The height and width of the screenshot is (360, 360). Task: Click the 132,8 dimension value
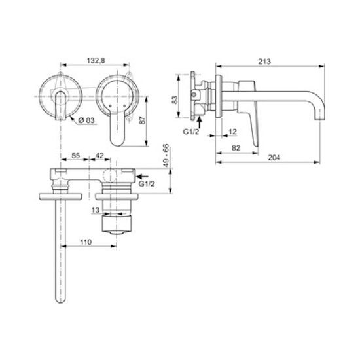[x=96, y=60]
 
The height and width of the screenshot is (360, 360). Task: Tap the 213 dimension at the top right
[x=264, y=62]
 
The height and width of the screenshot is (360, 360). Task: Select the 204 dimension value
[x=274, y=158]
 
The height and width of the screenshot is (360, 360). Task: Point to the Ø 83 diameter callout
[x=86, y=120]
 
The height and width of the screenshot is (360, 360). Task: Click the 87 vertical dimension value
[x=143, y=120]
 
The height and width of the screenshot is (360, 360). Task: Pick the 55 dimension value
[x=76, y=155]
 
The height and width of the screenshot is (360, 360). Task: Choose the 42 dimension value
[x=99, y=155]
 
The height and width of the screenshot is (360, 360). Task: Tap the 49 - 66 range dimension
[x=166, y=156]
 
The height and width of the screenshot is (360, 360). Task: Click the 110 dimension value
[x=86, y=242]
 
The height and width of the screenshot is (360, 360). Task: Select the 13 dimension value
[x=96, y=210]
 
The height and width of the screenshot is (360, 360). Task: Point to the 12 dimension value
[x=232, y=132]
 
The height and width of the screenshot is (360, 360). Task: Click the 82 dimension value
[x=236, y=148]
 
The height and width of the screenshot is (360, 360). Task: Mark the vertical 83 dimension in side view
[x=175, y=99]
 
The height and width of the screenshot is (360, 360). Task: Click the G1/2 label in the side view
[x=191, y=132]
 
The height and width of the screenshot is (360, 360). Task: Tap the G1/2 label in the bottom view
[x=147, y=184]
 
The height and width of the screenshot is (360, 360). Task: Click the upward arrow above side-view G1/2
[x=200, y=122]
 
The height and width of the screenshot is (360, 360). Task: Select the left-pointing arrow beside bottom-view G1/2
[x=142, y=176]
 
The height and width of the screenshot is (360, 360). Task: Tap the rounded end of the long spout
[x=61, y=300]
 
